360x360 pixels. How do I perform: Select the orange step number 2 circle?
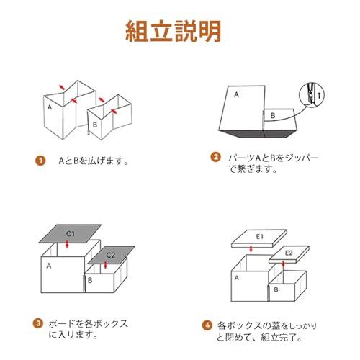click(x=215, y=158)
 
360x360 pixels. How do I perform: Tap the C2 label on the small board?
click(x=111, y=255)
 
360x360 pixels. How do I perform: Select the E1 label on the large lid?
click(x=261, y=236)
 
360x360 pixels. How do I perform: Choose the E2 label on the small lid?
click(x=289, y=252)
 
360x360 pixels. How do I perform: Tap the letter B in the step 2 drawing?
click(x=271, y=114)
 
